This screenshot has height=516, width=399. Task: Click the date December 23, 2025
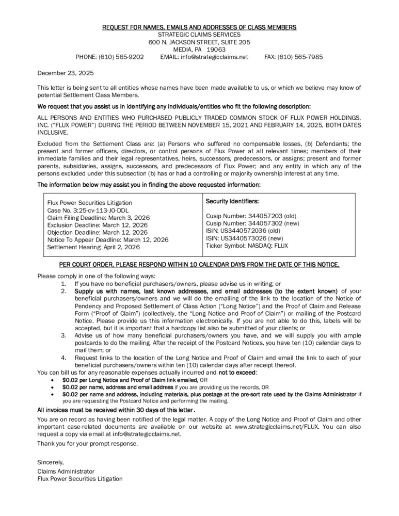[65, 73]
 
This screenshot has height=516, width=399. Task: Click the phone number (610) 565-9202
[123, 57]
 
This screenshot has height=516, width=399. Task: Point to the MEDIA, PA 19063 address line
[199, 50]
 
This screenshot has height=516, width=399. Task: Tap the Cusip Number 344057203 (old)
[251, 216]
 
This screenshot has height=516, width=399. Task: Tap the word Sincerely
[50, 462]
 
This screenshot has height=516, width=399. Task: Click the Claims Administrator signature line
[66, 471]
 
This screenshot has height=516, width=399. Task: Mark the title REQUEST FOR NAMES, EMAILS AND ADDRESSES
[199, 27]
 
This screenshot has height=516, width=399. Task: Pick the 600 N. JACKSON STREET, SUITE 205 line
[199, 42]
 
